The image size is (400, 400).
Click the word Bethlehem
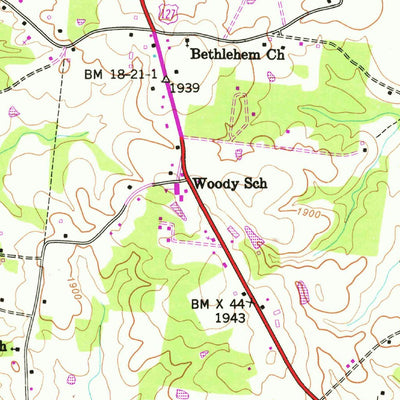click(x=227, y=55)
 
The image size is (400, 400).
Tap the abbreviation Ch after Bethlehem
click(x=275, y=55)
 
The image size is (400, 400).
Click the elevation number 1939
click(x=185, y=88)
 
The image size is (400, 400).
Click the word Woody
click(x=215, y=184)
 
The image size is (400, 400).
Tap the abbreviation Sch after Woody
click(x=254, y=184)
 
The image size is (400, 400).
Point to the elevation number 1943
click(x=231, y=317)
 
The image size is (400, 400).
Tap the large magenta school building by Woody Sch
click(x=181, y=188)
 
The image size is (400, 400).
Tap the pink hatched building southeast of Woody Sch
click(x=254, y=236)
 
